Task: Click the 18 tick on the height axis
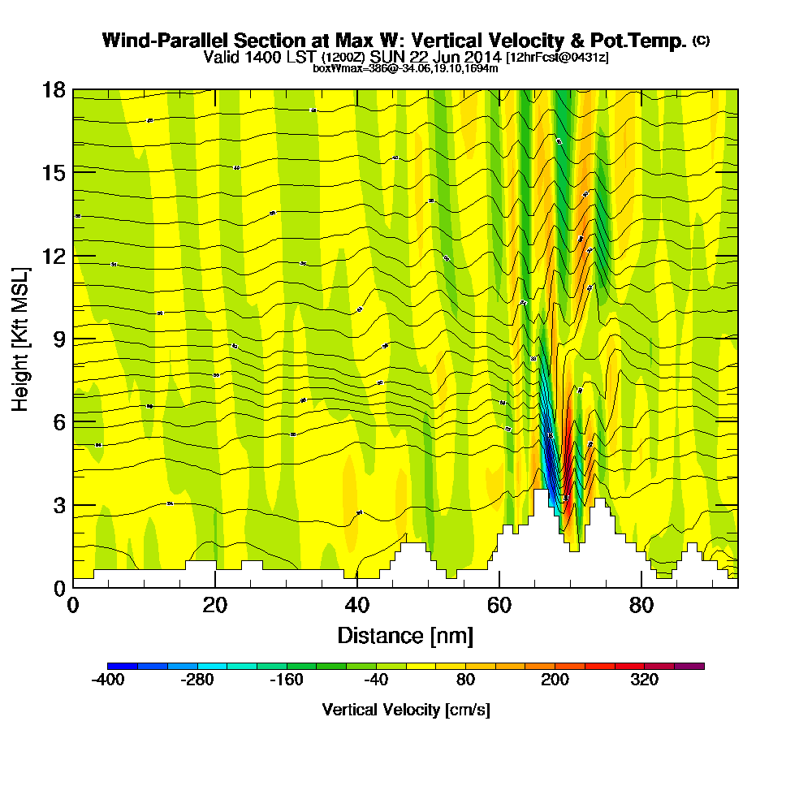(54, 89)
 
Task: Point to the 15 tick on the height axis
(54, 172)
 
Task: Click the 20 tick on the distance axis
(215, 606)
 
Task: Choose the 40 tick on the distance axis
(357, 606)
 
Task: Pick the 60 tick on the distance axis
(499, 606)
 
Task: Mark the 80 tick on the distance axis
(641, 606)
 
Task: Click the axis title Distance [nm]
(405, 635)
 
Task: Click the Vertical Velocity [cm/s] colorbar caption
(405, 710)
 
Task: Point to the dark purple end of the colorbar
(696, 666)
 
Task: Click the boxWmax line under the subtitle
(405, 68)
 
